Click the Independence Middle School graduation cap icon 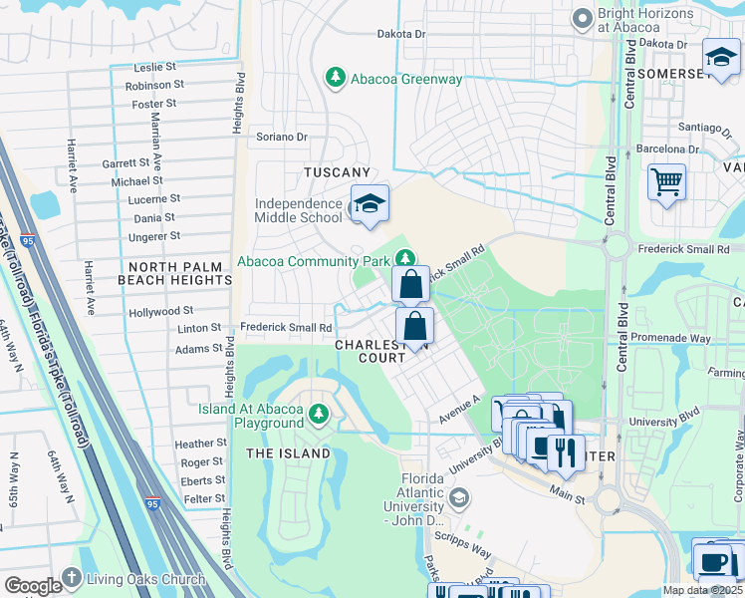coord(370,203)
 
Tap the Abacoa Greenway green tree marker coord(336,78)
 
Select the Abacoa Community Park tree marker coord(404,258)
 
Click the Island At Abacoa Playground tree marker coord(319,413)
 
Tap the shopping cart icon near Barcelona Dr coord(666,182)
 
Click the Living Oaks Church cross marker coord(72,578)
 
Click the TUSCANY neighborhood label coord(337,172)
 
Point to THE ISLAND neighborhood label coord(288,453)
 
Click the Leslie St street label coord(154,68)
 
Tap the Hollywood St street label coord(160,312)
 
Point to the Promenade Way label coord(671,339)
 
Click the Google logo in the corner coord(32,585)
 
